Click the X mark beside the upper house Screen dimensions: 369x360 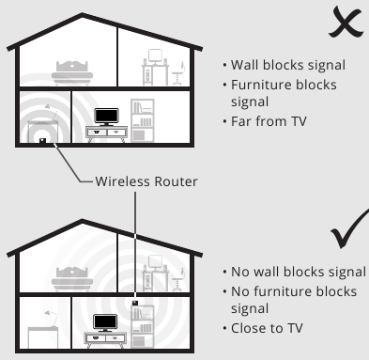click(346, 23)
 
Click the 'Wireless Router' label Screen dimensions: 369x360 click(146, 181)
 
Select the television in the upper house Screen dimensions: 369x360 click(106, 117)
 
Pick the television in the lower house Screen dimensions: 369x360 click(105, 322)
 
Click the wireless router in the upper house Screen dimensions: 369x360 click(42, 141)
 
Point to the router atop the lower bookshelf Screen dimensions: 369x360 click(135, 303)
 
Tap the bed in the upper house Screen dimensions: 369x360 click(72, 73)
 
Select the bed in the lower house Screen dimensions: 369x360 click(72, 279)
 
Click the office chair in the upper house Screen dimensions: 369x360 click(178, 73)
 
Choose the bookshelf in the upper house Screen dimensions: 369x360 click(143, 120)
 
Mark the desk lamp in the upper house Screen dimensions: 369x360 click(52, 112)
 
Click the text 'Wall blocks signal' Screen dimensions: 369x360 click(288, 65)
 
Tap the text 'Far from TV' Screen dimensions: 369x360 click(269, 121)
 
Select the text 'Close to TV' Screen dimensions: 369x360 click(267, 328)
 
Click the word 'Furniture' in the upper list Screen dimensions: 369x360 click(262, 85)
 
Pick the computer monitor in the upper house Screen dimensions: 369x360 click(155, 56)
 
